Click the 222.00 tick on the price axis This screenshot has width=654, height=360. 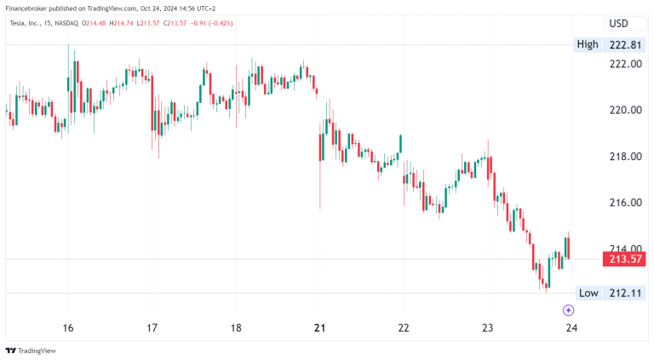(x=624, y=64)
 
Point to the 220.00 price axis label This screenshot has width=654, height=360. (x=624, y=110)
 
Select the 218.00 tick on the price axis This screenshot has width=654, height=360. (x=624, y=157)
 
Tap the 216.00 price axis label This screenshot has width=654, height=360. (x=624, y=203)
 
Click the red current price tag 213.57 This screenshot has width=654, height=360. (x=624, y=259)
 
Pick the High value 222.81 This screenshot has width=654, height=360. (x=624, y=44)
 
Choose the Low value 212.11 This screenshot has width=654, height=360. (x=624, y=293)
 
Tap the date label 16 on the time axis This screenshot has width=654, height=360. (x=68, y=329)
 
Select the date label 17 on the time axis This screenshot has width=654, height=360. (x=152, y=329)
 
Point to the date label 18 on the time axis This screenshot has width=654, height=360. (x=236, y=329)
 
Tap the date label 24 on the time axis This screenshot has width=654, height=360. (x=571, y=329)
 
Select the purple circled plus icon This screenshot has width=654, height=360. (x=569, y=311)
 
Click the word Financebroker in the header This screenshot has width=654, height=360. (x=30, y=9)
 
